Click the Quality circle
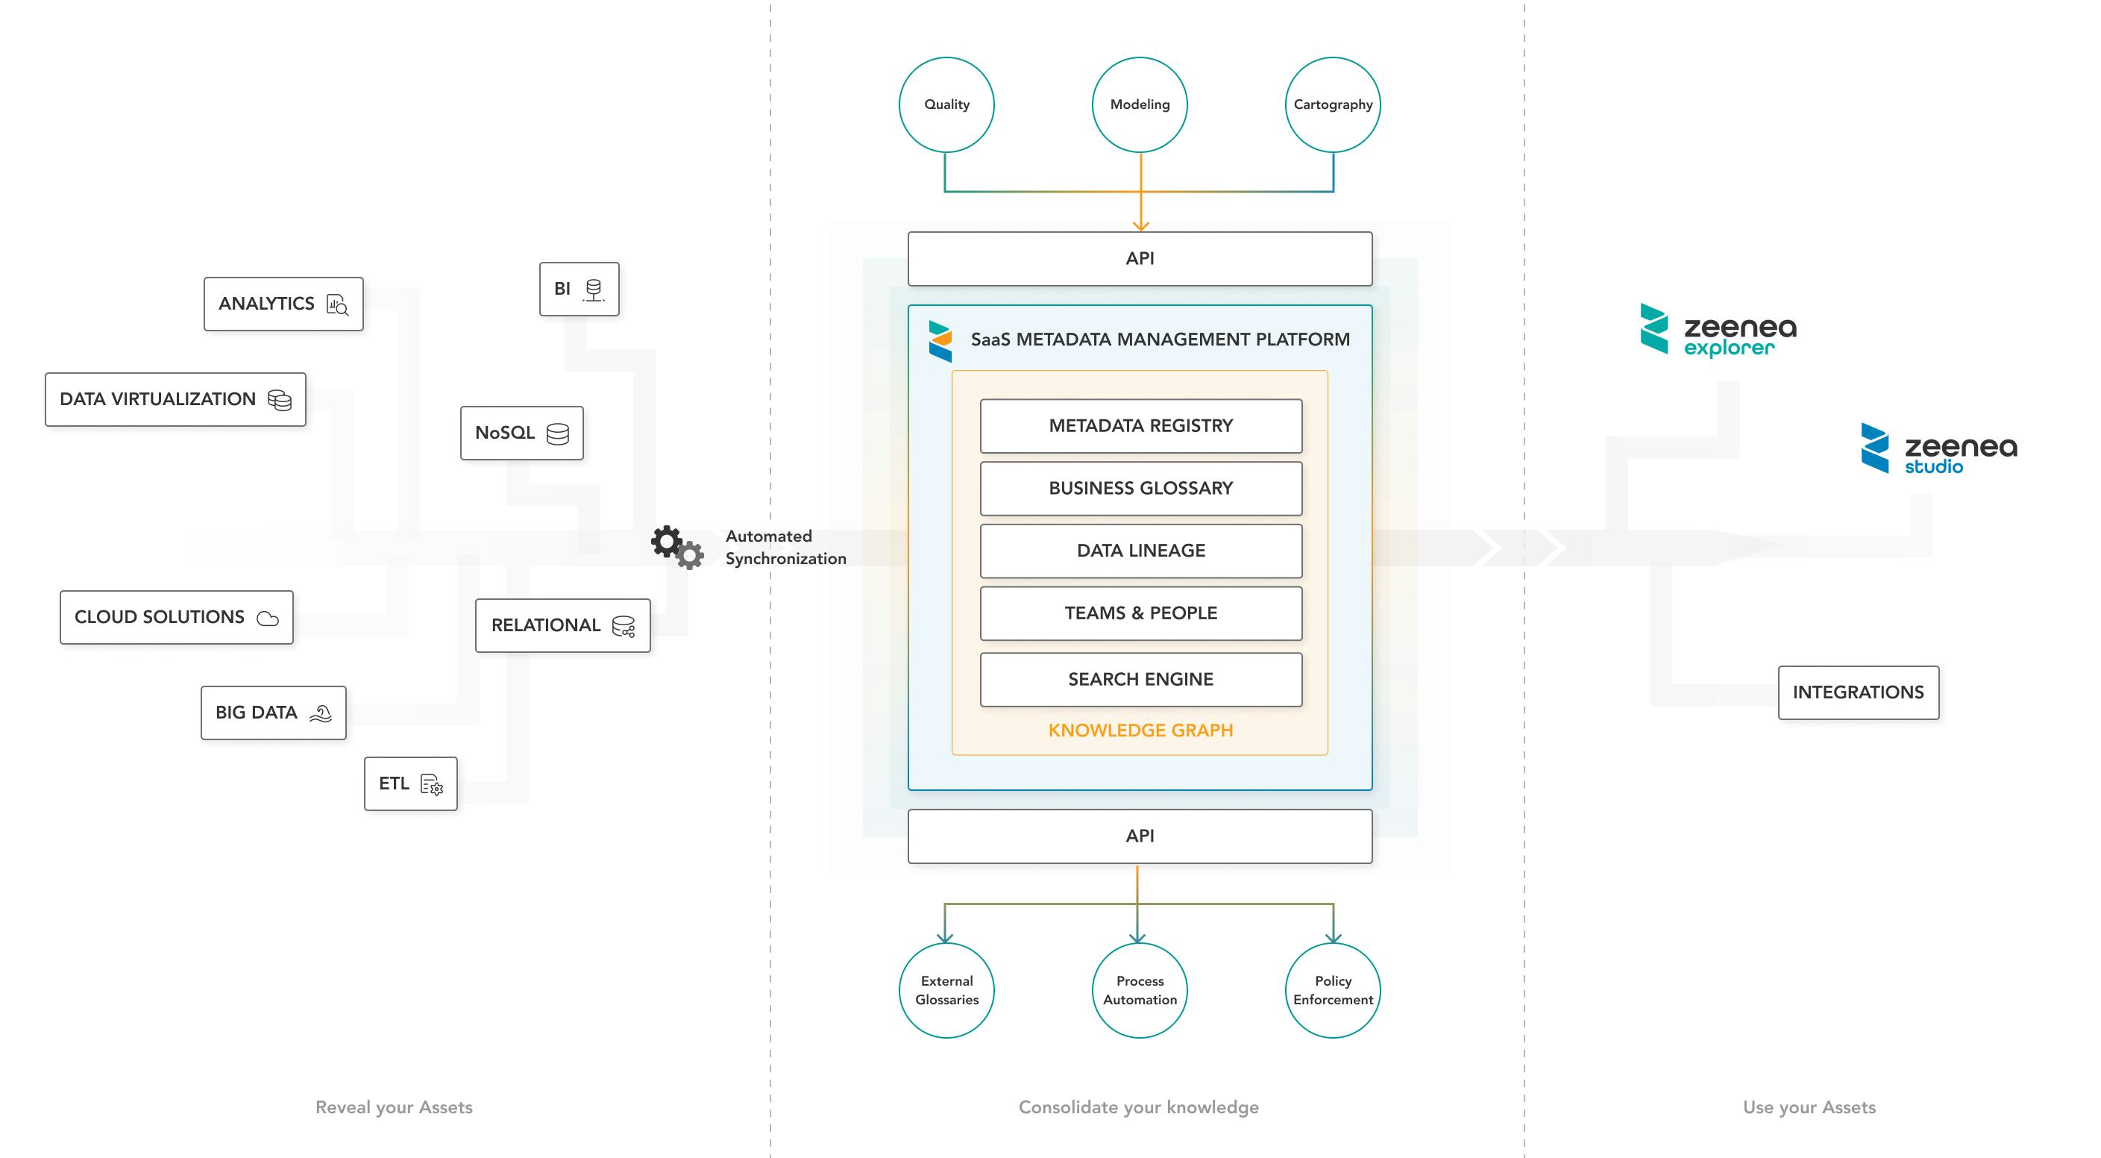tap(946, 104)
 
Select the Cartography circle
tap(1333, 104)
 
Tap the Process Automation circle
tap(1140, 990)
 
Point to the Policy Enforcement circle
tap(1333, 990)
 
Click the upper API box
tap(1140, 259)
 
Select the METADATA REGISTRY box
tap(1140, 426)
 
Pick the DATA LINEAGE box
tap(1140, 551)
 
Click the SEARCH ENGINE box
tap(1140, 679)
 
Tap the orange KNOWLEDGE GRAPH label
tap(1140, 730)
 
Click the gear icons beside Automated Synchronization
tap(677, 547)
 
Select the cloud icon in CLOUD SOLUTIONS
tap(268, 619)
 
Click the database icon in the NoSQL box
tap(558, 434)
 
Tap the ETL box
tap(410, 783)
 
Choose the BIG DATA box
tap(273, 713)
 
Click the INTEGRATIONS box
tap(1858, 692)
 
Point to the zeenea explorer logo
tap(1718, 331)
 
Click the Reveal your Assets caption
tap(394, 1107)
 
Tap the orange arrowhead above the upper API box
tap(1140, 225)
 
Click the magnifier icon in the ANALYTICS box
tap(338, 305)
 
